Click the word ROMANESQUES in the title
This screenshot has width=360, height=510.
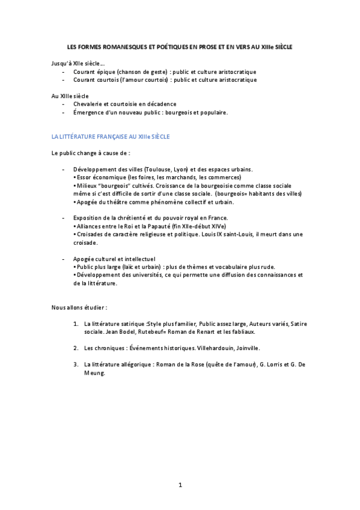114,46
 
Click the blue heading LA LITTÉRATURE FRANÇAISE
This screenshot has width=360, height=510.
111,137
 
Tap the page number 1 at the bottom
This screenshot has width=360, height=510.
180,484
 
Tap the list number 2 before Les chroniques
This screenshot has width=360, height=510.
76,348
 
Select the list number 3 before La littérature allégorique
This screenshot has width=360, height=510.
76,364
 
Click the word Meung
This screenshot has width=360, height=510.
94,373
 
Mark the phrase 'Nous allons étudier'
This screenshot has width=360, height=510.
78,307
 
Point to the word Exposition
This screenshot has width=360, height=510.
88,217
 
